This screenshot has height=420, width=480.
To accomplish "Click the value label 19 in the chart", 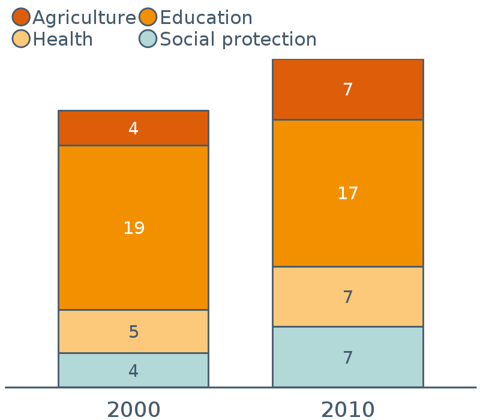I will [134, 228].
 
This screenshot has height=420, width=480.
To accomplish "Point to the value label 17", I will [347, 194].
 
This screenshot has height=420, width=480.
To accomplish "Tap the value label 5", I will [134, 332].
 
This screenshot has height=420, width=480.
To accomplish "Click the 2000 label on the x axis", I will [133, 410].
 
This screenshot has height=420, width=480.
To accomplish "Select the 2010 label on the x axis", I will [347, 410].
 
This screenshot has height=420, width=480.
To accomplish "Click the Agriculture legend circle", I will [21, 17].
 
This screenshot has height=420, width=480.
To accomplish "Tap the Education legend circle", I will [148, 17].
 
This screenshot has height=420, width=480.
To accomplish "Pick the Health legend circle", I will [21, 39].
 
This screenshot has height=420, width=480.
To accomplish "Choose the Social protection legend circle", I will [148, 39].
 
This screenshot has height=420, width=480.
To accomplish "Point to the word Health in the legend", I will [63, 40].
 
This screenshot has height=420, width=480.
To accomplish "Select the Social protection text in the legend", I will [238, 40].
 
